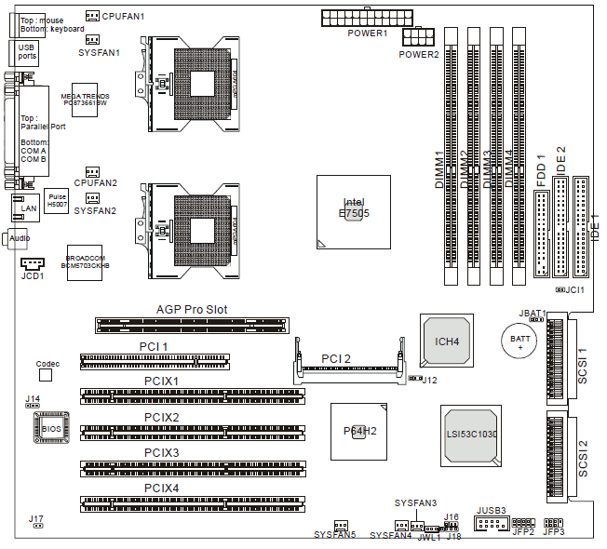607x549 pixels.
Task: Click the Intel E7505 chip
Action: pyautogui.click(x=353, y=212)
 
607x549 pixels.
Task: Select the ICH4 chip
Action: pyautogui.click(x=447, y=341)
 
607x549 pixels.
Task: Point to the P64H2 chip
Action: pyautogui.click(x=359, y=430)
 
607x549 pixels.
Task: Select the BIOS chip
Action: pyautogui.click(x=50, y=429)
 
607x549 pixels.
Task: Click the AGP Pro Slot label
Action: pyautogui.click(x=191, y=310)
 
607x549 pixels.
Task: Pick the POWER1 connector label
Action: pyautogui.click(x=367, y=33)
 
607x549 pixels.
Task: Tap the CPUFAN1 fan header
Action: pyautogui.click(x=92, y=16)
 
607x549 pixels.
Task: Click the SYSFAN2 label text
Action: pyautogui.click(x=95, y=211)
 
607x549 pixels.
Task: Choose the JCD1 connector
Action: pyautogui.click(x=32, y=264)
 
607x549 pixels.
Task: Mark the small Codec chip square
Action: pyautogui.click(x=47, y=375)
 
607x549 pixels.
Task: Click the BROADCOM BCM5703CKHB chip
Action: pyautogui.click(x=86, y=261)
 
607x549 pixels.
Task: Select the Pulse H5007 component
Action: pyautogui.click(x=58, y=200)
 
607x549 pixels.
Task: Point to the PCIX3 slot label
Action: pyautogui.click(x=161, y=453)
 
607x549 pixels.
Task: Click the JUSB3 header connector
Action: pyautogui.click(x=489, y=524)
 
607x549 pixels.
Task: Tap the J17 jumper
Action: pyautogui.click(x=37, y=525)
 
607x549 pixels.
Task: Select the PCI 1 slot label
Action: pyautogui.click(x=154, y=347)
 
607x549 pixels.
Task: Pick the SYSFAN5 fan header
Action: pyautogui.click(x=340, y=524)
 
